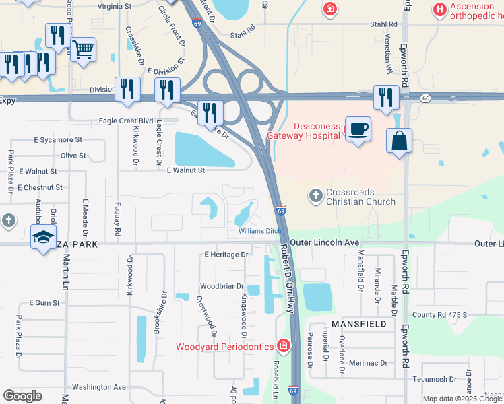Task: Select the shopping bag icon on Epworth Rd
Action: click(399, 141)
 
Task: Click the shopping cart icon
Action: click(83, 49)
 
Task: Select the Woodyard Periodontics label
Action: click(224, 347)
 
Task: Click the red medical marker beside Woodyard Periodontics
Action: click(284, 346)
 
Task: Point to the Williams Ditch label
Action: click(259, 231)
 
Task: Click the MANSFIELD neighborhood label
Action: click(359, 324)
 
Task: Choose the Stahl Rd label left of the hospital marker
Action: click(243, 34)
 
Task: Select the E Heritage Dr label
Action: click(226, 255)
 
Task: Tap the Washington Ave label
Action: click(99, 387)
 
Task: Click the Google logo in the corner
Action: click(22, 396)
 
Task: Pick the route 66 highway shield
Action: click(425, 98)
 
